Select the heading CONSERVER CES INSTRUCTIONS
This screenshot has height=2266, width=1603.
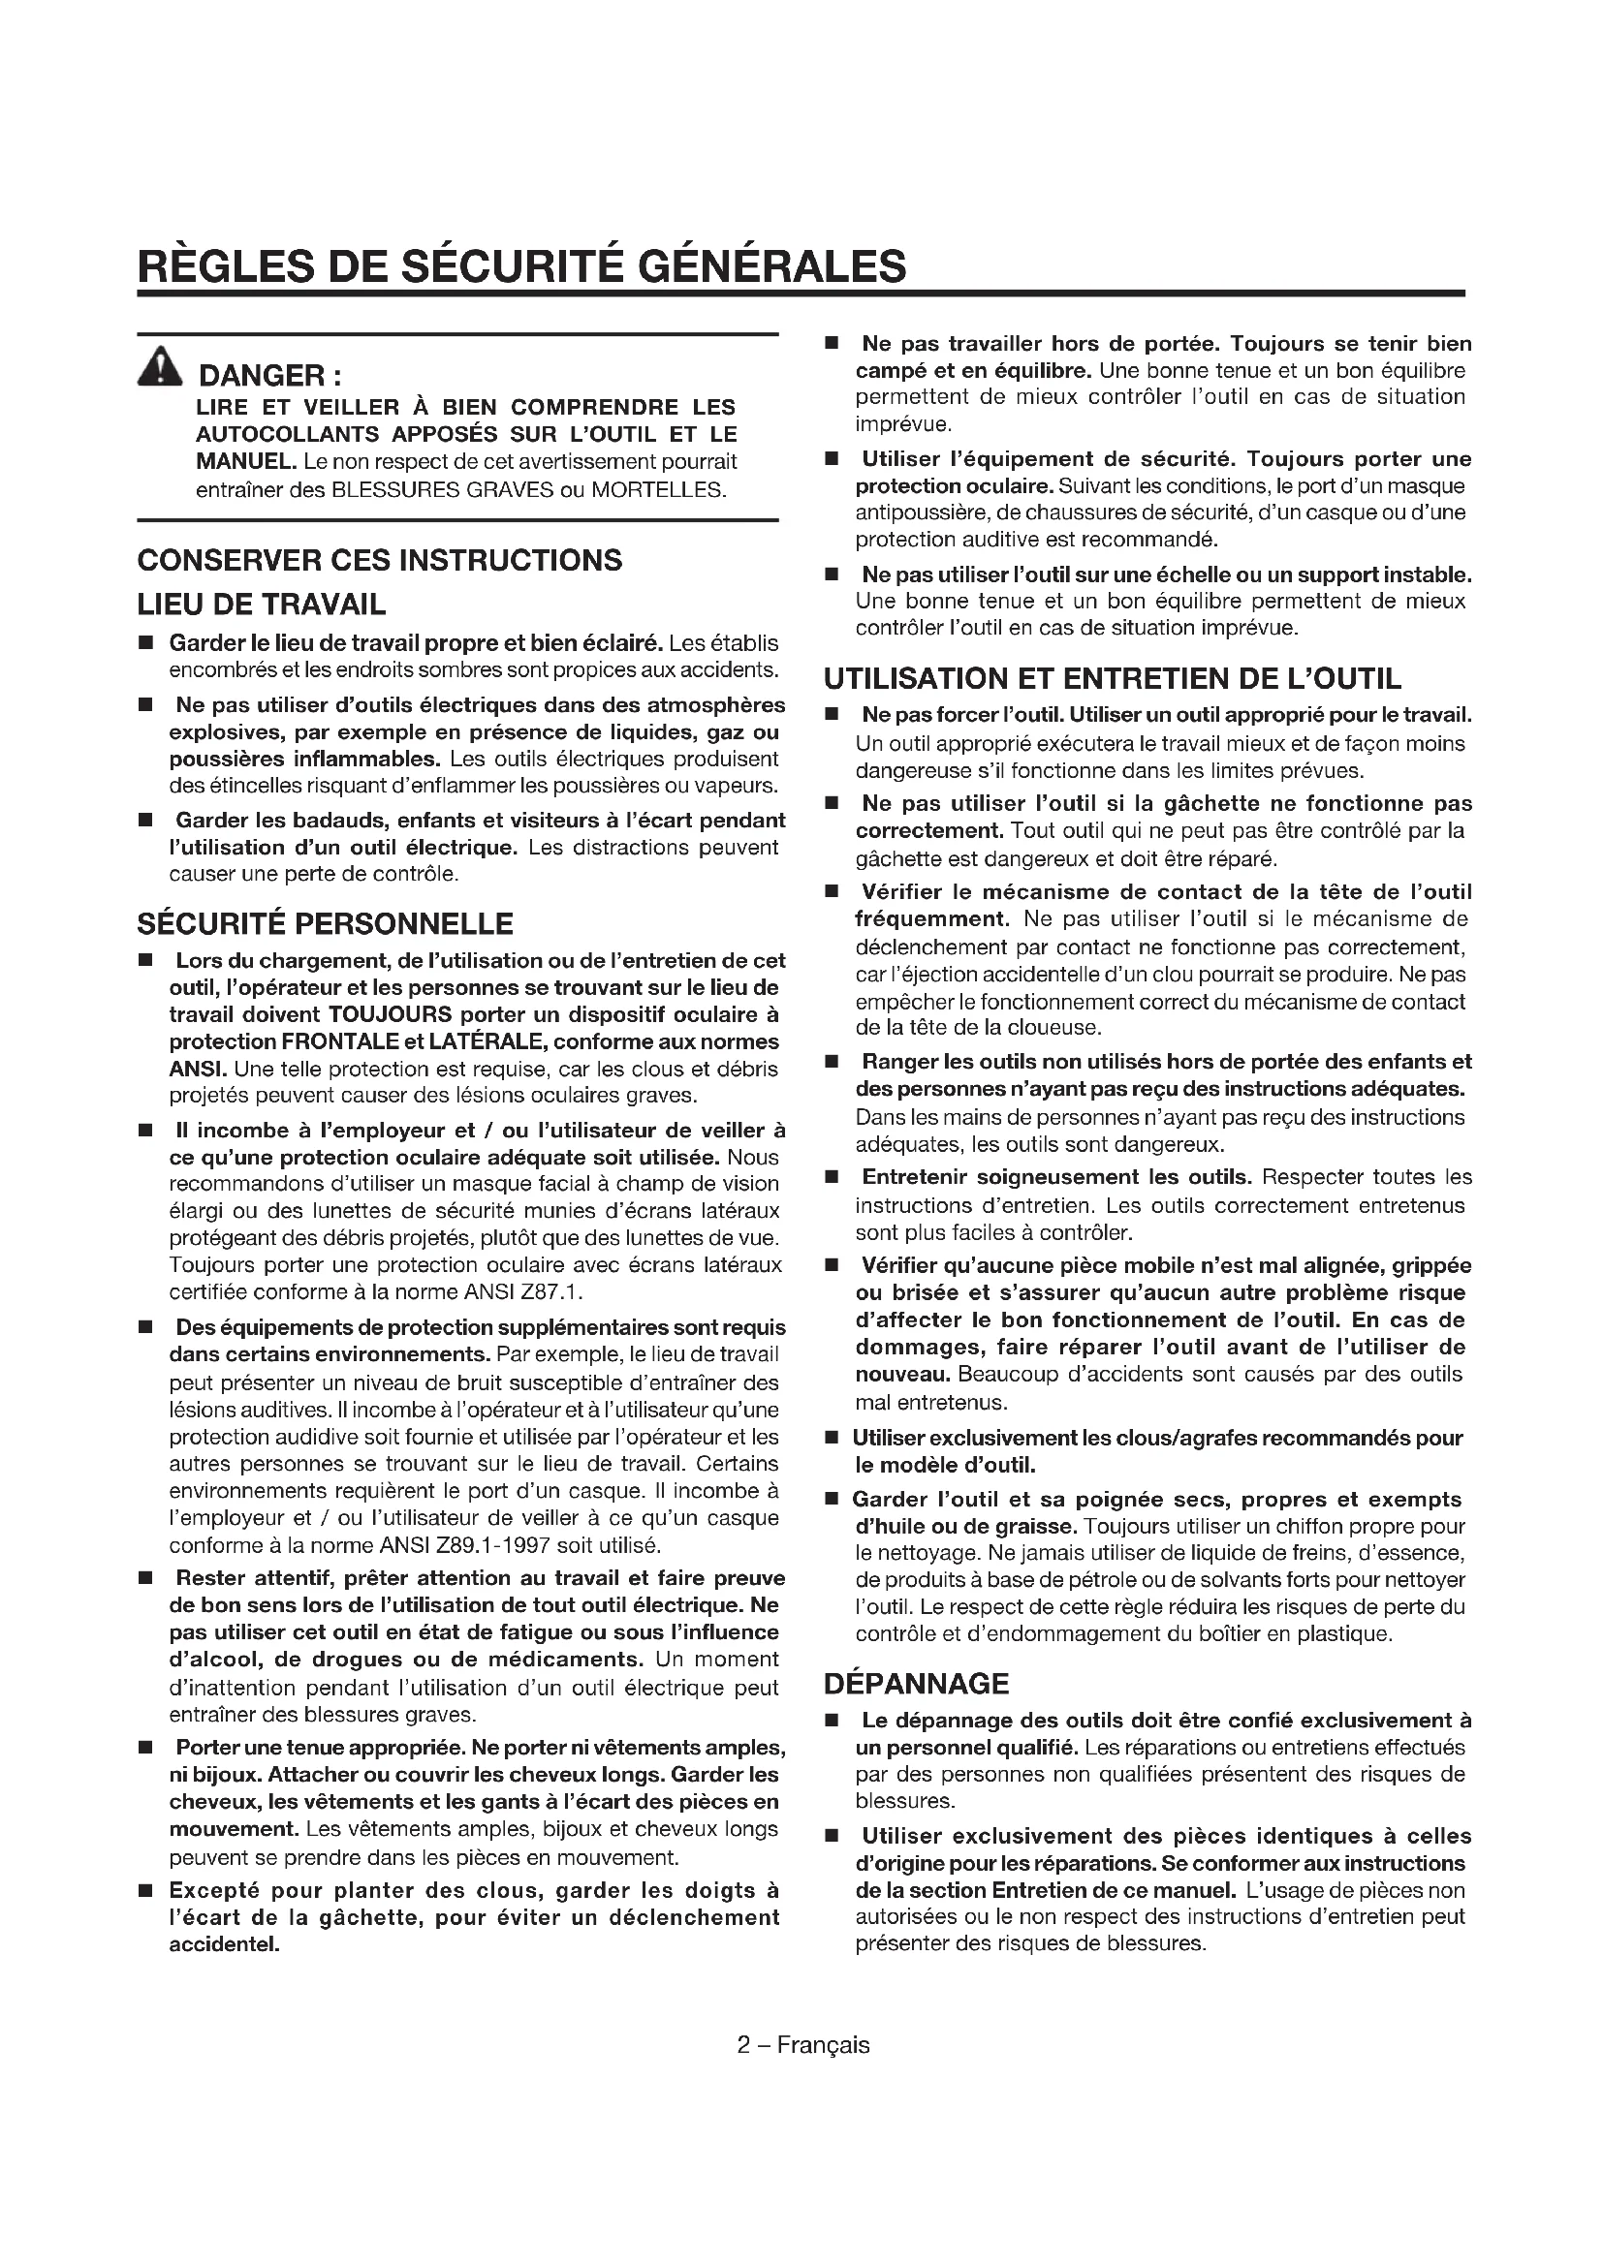[380, 560]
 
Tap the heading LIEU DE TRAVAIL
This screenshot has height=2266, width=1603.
[262, 604]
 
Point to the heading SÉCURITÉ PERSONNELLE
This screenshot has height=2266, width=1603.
[325, 924]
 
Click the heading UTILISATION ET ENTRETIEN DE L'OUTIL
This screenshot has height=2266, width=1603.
[1113, 679]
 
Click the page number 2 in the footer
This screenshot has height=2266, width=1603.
[744, 2044]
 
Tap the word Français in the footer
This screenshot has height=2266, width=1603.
[823, 2044]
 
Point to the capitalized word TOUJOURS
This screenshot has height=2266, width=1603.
[391, 1014]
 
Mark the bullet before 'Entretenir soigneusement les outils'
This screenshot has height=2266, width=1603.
[833, 1177]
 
